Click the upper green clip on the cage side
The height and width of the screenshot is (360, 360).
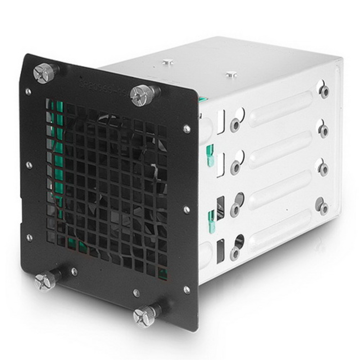[209, 153]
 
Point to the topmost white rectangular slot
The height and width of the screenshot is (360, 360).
[221, 122]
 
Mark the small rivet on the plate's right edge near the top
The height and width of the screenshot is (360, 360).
[187, 129]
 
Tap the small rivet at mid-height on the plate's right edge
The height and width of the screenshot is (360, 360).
[187, 210]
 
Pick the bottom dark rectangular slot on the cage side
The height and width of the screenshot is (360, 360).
[220, 252]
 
